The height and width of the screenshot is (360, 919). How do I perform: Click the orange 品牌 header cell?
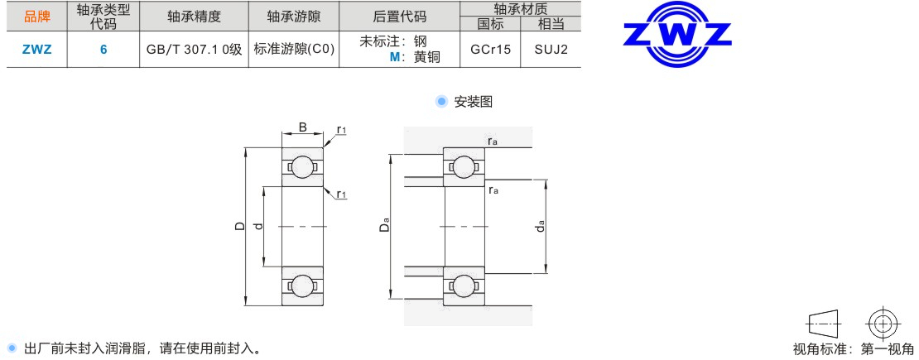(37, 17)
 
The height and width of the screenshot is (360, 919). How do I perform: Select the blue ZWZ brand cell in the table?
(37, 50)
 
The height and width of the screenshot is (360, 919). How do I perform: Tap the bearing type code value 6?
(103, 50)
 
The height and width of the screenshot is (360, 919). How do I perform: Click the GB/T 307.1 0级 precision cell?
(194, 50)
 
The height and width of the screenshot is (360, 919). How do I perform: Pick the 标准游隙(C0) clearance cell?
(294, 50)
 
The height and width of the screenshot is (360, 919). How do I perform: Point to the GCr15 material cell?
(491, 50)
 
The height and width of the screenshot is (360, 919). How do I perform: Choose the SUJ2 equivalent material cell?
(551, 50)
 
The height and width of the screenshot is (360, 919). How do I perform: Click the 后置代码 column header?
(400, 17)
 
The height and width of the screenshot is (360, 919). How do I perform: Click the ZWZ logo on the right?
(677, 34)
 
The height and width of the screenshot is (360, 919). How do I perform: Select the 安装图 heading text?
(474, 102)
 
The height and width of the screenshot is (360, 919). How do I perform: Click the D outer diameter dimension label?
(239, 226)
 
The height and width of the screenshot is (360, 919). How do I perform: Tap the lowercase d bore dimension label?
(258, 226)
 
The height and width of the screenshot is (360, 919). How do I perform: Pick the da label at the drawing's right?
(541, 225)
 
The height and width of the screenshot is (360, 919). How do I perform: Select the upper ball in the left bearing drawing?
(302, 166)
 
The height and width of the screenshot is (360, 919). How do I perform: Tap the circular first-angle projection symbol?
(882, 323)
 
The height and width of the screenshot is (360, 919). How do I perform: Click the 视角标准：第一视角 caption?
(853, 349)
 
